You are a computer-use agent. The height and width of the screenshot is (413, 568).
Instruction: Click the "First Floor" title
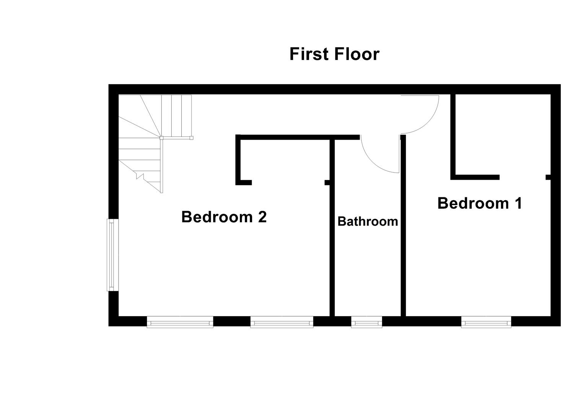(x=334, y=54)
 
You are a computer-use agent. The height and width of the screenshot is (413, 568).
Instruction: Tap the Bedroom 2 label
(x=224, y=217)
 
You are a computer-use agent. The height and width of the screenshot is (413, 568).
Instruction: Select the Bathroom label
(x=368, y=221)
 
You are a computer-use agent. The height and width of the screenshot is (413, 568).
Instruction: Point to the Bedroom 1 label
(x=480, y=203)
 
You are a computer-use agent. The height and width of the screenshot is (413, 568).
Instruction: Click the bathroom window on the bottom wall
(x=366, y=322)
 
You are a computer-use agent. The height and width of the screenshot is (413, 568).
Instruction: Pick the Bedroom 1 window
(x=486, y=322)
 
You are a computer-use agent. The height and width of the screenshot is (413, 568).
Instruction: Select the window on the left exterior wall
(x=111, y=255)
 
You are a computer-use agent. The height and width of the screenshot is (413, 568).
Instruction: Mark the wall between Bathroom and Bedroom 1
(x=403, y=229)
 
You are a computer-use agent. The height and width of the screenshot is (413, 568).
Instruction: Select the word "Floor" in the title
(x=357, y=54)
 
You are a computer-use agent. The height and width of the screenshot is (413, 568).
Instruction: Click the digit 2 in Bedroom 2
(x=262, y=217)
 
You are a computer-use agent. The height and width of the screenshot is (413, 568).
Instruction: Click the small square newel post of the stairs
(x=161, y=137)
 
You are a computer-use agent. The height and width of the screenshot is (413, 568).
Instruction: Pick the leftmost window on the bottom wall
(x=180, y=322)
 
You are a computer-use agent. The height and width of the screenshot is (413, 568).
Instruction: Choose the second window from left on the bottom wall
(x=282, y=322)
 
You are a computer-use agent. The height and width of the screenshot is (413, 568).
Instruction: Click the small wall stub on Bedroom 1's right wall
(x=548, y=177)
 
